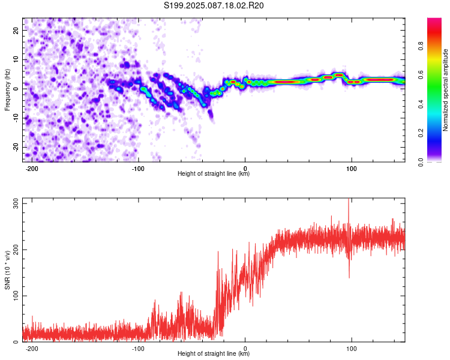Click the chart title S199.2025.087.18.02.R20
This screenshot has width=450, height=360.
214,5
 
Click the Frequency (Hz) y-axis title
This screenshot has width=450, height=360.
7,90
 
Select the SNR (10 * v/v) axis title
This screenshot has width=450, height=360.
7,270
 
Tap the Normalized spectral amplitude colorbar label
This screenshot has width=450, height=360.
445,90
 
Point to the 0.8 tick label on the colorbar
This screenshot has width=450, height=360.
421,46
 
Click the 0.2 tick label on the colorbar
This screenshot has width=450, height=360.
421,133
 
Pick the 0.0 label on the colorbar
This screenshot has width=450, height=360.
421,162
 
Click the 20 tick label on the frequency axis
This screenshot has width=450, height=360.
16,30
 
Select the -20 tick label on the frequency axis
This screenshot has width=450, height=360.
16,147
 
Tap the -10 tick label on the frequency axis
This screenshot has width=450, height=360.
16,118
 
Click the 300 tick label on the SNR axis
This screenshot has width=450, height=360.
16,203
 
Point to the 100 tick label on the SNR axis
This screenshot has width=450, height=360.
16,296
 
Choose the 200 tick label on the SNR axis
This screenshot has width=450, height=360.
16,250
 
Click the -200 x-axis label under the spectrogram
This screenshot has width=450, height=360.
32,169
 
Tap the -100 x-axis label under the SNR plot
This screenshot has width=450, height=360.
138,349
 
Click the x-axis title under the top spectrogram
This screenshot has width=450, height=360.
214,173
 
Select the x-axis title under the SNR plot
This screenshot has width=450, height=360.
214,353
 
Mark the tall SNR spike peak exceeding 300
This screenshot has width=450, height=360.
349,199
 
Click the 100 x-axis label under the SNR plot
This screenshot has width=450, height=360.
351,349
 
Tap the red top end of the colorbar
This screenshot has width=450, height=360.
434,20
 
